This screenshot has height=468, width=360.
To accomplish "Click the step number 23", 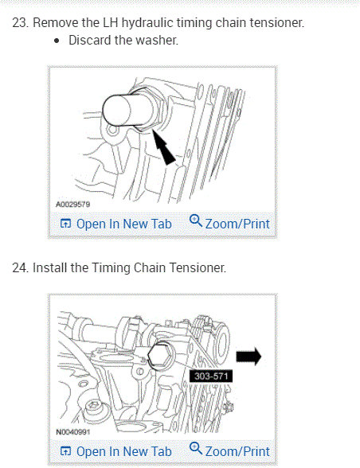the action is (20, 22).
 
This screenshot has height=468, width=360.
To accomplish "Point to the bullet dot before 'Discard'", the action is (57, 41).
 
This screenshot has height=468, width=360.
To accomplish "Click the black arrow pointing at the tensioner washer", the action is (163, 146).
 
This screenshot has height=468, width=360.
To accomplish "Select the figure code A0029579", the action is (73, 205).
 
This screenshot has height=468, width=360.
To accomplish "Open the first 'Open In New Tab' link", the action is (116, 224).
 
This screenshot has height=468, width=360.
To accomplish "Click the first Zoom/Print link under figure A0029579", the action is (229, 223).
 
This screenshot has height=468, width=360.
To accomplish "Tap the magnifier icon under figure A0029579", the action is (196, 221).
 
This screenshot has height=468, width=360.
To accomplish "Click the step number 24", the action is (21, 267).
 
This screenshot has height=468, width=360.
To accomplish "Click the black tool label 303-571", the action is (211, 376).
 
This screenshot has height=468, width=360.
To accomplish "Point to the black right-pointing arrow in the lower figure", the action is (248, 357).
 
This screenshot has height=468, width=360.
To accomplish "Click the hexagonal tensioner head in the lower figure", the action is (159, 355).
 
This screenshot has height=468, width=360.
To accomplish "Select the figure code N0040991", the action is (73, 432).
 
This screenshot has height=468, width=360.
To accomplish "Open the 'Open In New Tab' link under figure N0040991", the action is (116, 451).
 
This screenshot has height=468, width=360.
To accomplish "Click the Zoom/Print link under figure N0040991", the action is (229, 450).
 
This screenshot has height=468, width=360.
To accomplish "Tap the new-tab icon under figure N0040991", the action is (65, 451).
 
